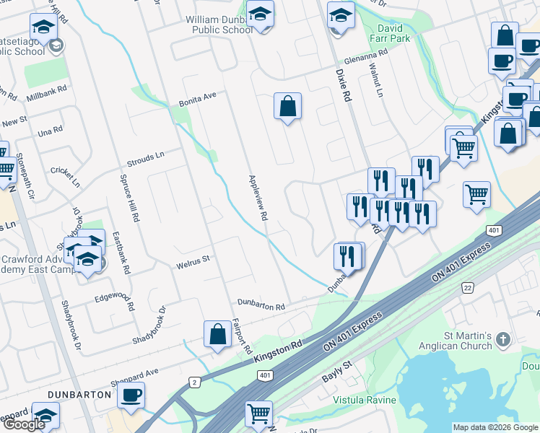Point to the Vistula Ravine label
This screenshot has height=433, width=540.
pyautogui.click(x=365, y=400)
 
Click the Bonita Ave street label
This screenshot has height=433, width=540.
pyautogui.click(x=198, y=100)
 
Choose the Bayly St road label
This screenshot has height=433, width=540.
pyautogui.click(x=336, y=371)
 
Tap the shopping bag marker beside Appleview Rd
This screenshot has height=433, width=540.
pyautogui.click(x=287, y=106)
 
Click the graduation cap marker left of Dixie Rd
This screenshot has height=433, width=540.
pyautogui.click(x=341, y=14)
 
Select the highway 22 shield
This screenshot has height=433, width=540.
pyautogui.click(x=467, y=287)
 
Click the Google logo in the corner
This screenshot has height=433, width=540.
pyautogui.click(x=24, y=424)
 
